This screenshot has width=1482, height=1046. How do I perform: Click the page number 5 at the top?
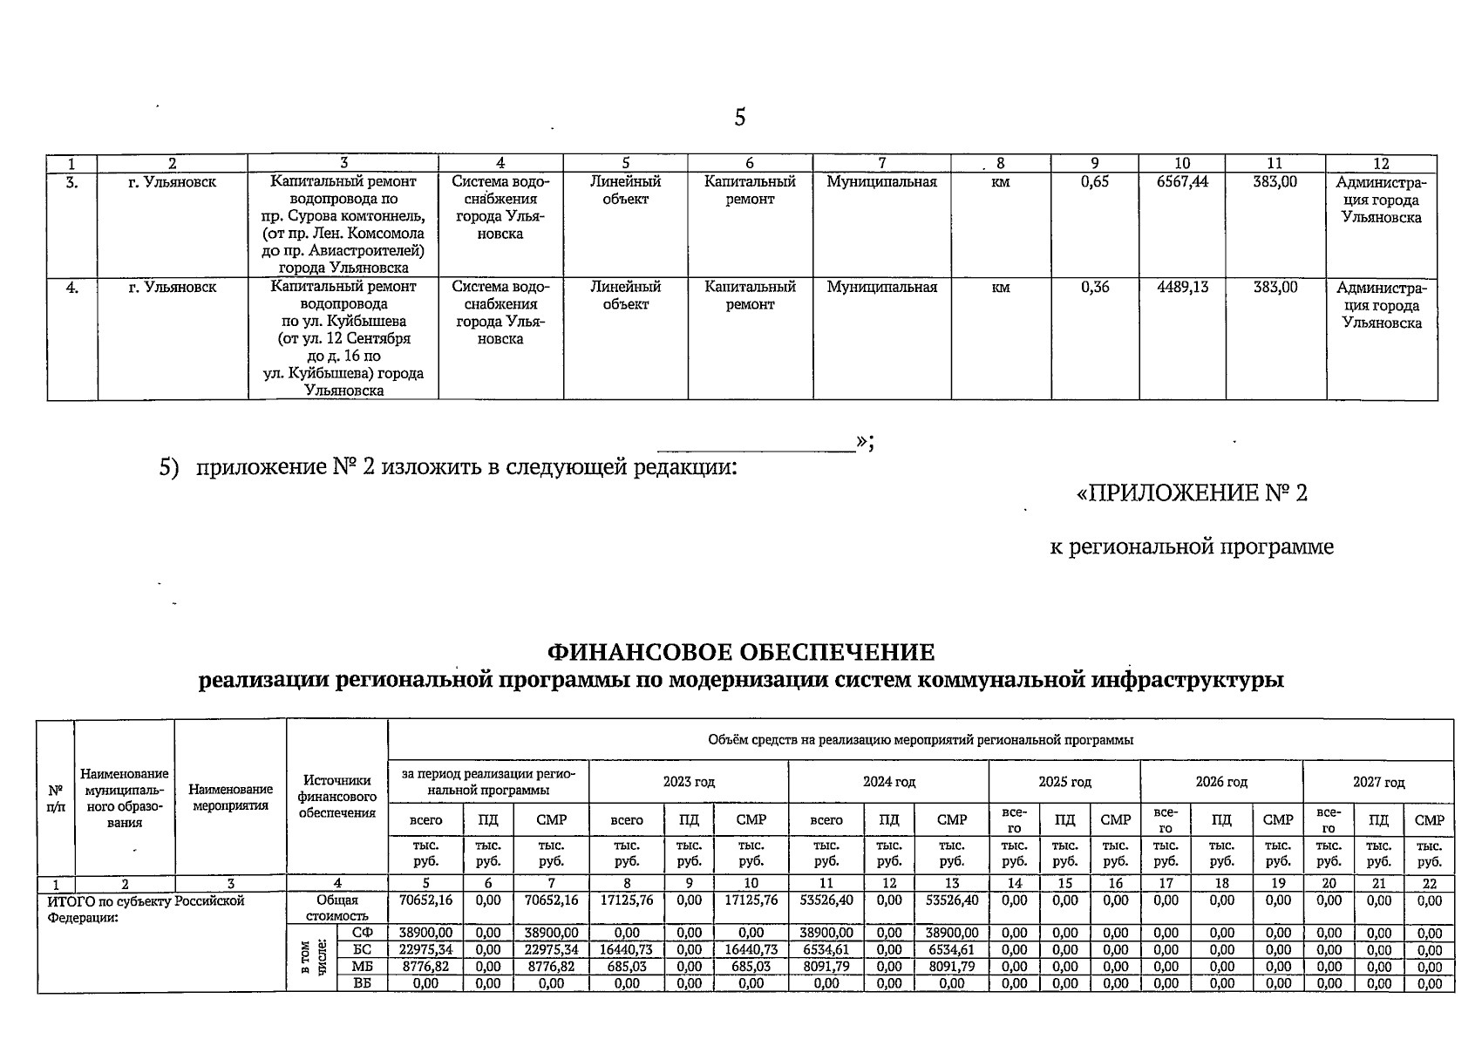pyautogui.click(x=739, y=118)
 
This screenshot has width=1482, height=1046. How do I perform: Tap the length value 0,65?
pyautogui.click(x=1094, y=182)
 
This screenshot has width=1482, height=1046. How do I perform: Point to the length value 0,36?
pyautogui.click(x=1094, y=287)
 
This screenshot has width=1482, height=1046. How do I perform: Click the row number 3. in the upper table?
pyautogui.click(x=72, y=182)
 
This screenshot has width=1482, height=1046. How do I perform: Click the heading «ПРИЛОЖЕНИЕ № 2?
pyautogui.click(x=1192, y=494)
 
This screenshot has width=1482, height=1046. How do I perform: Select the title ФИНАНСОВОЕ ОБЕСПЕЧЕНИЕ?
pyautogui.click(x=740, y=652)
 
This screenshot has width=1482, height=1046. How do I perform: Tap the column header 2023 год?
pyautogui.click(x=688, y=782)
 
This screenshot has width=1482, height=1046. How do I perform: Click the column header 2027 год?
pyautogui.click(x=1378, y=782)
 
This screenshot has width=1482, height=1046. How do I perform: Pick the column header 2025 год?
pyautogui.click(x=1064, y=782)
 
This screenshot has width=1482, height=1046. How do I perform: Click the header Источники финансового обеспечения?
pyautogui.click(x=337, y=797)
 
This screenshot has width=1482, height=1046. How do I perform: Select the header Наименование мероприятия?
pyautogui.click(x=230, y=797)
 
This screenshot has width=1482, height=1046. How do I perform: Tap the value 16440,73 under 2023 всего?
pyautogui.click(x=627, y=950)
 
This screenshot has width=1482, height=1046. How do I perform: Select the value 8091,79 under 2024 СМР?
pyautogui.click(x=952, y=967)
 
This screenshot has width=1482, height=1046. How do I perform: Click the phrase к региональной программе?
pyautogui.click(x=1191, y=547)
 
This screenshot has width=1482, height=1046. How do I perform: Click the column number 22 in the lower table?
pyautogui.click(x=1429, y=883)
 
